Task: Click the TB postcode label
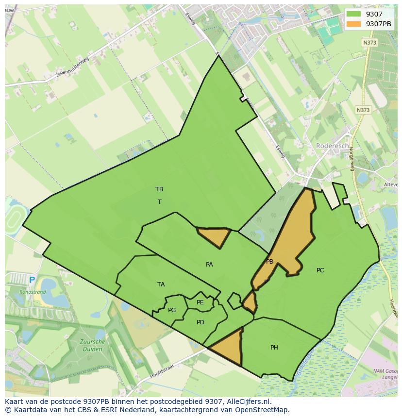(159, 189)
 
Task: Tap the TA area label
(161, 284)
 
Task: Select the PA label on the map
(209, 265)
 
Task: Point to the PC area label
(320, 270)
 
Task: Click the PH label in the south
(274, 348)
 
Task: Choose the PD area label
(201, 322)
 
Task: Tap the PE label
(200, 302)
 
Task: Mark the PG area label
(172, 310)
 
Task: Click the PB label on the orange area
(269, 262)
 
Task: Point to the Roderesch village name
(332, 146)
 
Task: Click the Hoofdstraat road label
(162, 374)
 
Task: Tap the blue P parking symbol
(32, 280)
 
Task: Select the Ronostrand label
(33, 292)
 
